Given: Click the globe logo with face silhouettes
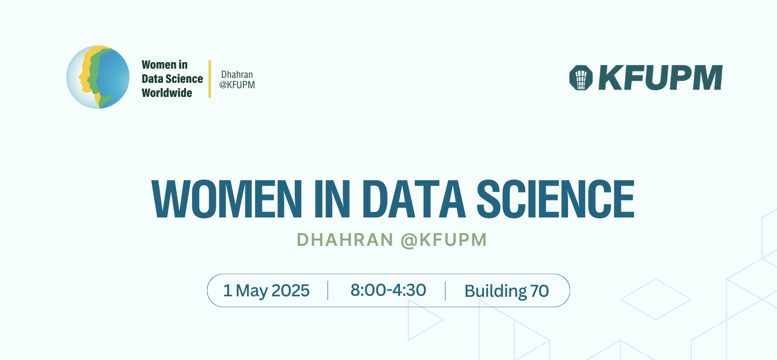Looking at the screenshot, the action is click(x=98, y=77).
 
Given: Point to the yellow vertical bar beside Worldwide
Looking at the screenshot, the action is click(x=210, y=79).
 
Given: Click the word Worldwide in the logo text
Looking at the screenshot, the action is click(x=167, y=93).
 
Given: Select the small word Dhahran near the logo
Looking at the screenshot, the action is click(x=237, y=74).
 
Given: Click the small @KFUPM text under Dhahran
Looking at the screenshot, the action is click(x=237, y=85).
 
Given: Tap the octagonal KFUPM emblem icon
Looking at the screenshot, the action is click(x=581, y=78).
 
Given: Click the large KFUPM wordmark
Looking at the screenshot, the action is click(x=660, y=78).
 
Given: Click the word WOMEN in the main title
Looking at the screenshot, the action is click(x=227, y=199).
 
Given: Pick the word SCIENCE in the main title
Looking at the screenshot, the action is click(x=555, y=199).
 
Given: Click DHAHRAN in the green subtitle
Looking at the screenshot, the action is click(x=345, y=240).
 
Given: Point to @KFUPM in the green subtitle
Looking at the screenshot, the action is click(x=444, y=240).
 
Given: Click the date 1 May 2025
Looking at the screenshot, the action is click(x=266, y=290).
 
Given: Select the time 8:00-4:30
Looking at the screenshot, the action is click(x=388, y=290).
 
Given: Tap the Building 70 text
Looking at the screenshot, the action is click(x=506, y=291).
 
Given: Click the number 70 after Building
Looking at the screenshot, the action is click(x=540, y=291).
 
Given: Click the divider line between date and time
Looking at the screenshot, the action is click(x=328, y=290).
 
